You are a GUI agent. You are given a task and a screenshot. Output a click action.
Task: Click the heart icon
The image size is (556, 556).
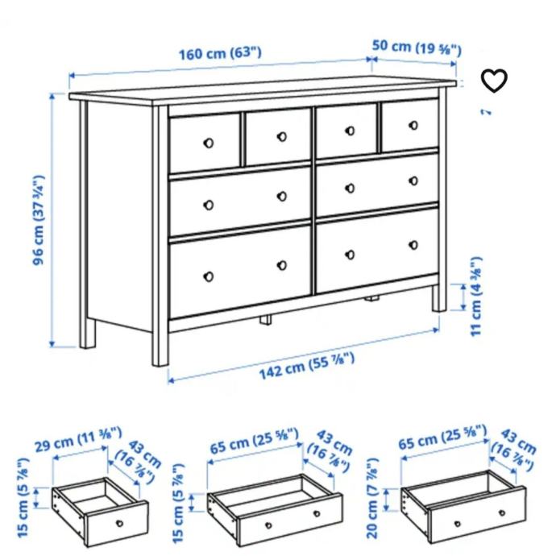point(494,81)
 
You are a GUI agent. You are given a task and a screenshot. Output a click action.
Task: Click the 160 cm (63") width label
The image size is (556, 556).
point(220,53)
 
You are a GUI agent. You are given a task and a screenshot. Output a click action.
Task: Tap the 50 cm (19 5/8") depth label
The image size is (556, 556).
point(417,48)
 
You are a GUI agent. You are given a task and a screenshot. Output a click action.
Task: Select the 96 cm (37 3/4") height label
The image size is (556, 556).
point(39,220)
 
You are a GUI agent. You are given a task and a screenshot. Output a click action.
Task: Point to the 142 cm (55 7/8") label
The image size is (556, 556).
point(307,366)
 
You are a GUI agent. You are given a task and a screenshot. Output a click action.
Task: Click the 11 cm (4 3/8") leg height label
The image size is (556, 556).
point(476,296)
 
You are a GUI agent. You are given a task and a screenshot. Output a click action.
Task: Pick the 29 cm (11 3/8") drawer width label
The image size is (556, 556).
point(78,439)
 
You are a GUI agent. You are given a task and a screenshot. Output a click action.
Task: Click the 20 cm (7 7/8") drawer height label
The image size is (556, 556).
point(372,498)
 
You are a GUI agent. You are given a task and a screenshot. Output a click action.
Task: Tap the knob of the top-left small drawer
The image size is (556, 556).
point(209,143)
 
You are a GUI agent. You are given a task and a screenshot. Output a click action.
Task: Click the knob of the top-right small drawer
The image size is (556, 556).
point(413,125)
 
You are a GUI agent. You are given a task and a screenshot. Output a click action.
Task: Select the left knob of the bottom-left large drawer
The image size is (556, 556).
point(209,276)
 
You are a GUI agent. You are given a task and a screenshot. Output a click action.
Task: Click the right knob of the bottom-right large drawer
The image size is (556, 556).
point(413,245)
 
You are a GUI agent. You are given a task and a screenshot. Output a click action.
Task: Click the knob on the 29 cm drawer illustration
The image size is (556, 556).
point(120,523)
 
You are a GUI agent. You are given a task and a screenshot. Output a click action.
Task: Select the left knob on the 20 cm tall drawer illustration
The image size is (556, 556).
point(458,524)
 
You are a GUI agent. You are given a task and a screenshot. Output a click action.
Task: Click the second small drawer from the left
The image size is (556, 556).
point(278,136)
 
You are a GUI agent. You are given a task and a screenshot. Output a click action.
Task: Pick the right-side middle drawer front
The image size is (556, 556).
point(377,185)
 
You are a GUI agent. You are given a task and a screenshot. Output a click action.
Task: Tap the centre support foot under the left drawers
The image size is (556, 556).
point(266,319)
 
